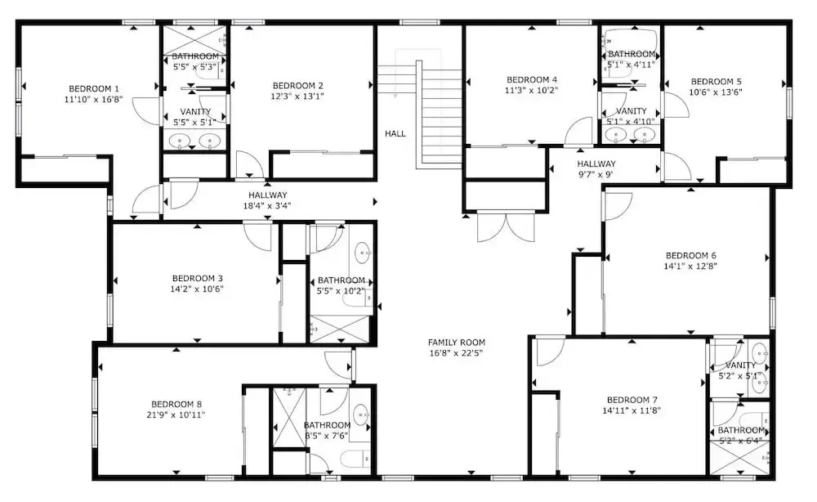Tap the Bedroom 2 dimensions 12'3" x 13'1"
pyautogui.click(x=297, y=96)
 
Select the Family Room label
pyautogui.click(x=457, y=343)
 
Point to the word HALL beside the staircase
pyautogui.click(x=395, y=133)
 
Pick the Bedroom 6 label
pyautogui.click(x=691, y=255)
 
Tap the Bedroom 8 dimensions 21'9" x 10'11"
pyautogui.click(x=176, y=415)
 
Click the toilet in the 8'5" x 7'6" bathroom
pyautogui.click(x=355, y=459)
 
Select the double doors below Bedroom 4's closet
pyautogui.click(x=506, y=226)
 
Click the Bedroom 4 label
pyautogui.click(x=532, y=80)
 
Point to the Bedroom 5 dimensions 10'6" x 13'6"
pyautogui.click(x=716, y=92)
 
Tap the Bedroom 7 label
pyautogui.click(x=632, y=400)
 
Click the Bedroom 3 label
pyautogui.click(x=197, y=278)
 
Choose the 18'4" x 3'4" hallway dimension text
pyautogui.click(x=267, y=206)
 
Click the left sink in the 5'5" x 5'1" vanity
pyautogui.click(x=180, y=141)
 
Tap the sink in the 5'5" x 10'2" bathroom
pyautogui.click(x=364, y=253)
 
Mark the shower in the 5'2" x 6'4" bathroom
pyautogui.click(x=740, y=458)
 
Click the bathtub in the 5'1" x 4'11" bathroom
pyautogui.click(x=631, y=41)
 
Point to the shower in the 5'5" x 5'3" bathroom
pyautogui.click(x=195, y=39)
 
